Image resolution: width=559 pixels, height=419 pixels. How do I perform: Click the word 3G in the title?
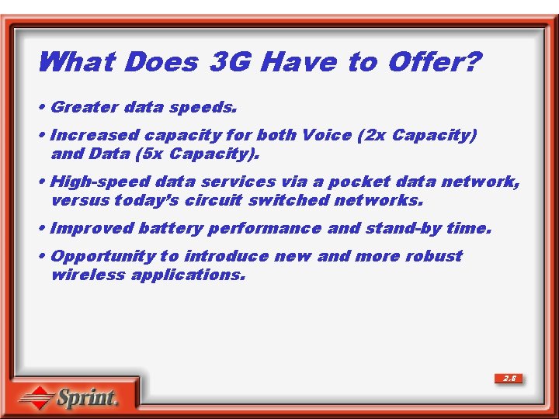(x=231, y=61)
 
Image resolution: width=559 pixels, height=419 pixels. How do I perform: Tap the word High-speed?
(x=100, y=182)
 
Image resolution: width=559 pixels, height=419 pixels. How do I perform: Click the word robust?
(x=432, y=256)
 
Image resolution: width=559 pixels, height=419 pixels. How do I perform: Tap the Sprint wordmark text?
(x=86, y=398)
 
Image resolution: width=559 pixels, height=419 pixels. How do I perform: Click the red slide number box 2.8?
(x=509, y=379)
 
